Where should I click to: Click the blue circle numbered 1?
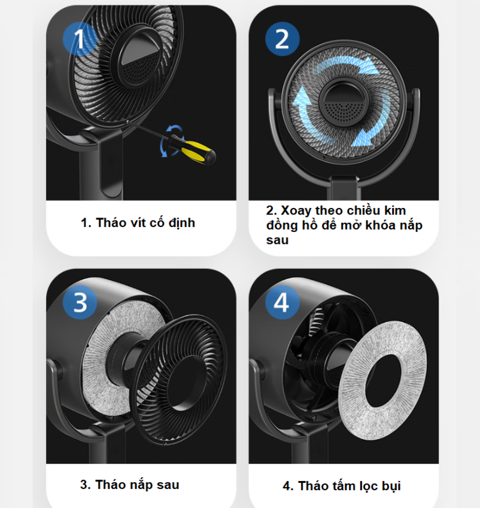(80, 39)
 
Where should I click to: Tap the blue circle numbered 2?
(282, 39)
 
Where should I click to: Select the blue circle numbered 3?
(80, 302)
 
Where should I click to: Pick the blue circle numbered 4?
(282, 302)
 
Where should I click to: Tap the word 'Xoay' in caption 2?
(296, 211)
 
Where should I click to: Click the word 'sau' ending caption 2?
(278, 240)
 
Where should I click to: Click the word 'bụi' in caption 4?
(391, 486)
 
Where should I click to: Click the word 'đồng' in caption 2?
(282, 225)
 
